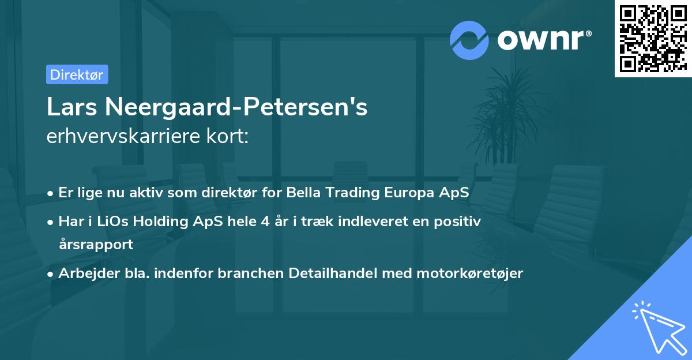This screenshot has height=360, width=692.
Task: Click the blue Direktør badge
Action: (77, 74)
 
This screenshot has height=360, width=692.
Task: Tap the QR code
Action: (653, 39)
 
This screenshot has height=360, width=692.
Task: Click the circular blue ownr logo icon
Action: (469, 40)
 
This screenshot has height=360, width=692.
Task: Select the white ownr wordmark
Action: (540, 40)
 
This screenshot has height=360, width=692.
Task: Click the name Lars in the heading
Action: (72, 107)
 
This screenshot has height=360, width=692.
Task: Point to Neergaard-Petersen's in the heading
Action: (236, 107)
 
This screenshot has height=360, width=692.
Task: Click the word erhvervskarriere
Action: (123, 136)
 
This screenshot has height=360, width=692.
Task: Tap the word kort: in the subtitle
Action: (228, 136)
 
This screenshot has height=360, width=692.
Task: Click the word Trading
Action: (352, 193)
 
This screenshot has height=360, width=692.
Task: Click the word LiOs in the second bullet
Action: (112, 222)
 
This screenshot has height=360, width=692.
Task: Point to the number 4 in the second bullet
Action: (265, 222)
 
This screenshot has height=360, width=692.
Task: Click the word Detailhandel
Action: (333, 273)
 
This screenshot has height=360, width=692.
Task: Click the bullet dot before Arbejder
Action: (50, 275)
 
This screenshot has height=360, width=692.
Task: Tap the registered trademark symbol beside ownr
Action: (588, 33)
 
